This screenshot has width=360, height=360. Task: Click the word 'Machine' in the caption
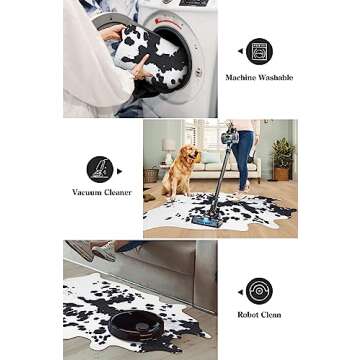click(241, 77)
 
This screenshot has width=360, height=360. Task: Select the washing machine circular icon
click(259, 51)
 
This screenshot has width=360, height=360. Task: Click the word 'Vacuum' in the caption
click(86, 191)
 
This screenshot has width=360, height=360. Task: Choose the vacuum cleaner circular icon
click(100, 167)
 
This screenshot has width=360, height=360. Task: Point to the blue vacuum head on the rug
click(211, 217)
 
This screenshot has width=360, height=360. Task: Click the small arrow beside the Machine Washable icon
click(239, 50)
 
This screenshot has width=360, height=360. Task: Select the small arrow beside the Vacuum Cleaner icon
click(121, 167)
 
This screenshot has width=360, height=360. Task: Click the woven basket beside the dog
click(152, 175)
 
